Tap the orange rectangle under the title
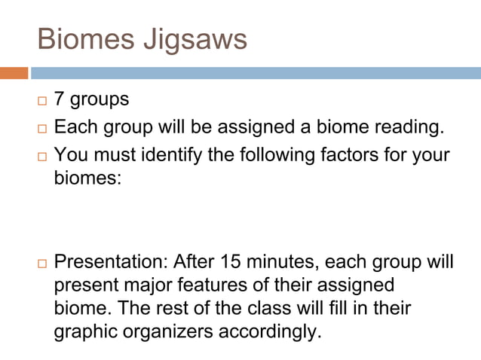14,73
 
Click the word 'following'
289,155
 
